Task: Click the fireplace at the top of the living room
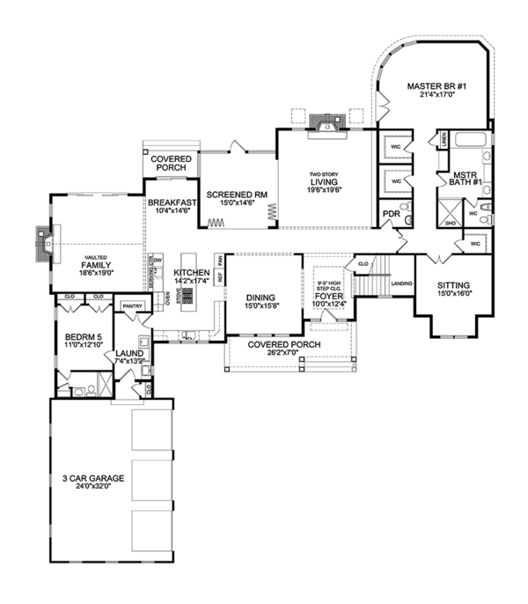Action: (x=326, y=124)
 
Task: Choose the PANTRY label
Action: (x=132, y=306)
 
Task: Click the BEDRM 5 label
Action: (x=85, y=336)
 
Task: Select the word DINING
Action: (x=261, y=298)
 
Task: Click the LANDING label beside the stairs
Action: (x=402, y=284)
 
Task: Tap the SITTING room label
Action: (x=453, y=284)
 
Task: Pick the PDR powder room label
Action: (x=392, y=213)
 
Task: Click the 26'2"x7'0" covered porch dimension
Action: (x=283, y=353)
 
